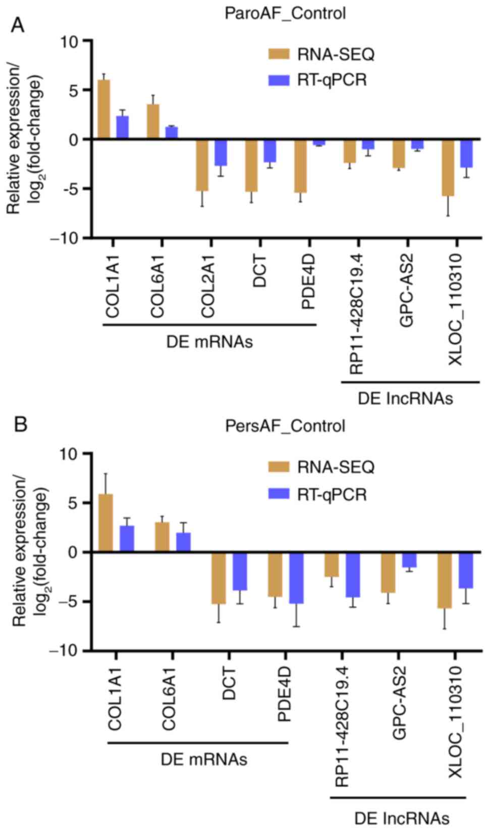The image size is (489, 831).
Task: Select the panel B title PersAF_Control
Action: [x=285, y=426]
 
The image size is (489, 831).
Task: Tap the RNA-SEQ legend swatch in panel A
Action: [x=279, y=54]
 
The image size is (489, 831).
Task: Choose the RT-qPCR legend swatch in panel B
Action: [x=279, y=493]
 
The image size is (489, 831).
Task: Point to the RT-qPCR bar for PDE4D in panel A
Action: [x=319, y=142]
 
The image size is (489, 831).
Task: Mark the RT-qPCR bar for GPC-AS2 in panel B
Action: [x=409, y=560]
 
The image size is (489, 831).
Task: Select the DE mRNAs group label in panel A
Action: [x=209, y=342]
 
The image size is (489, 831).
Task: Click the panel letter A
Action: [x=18, y=24]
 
